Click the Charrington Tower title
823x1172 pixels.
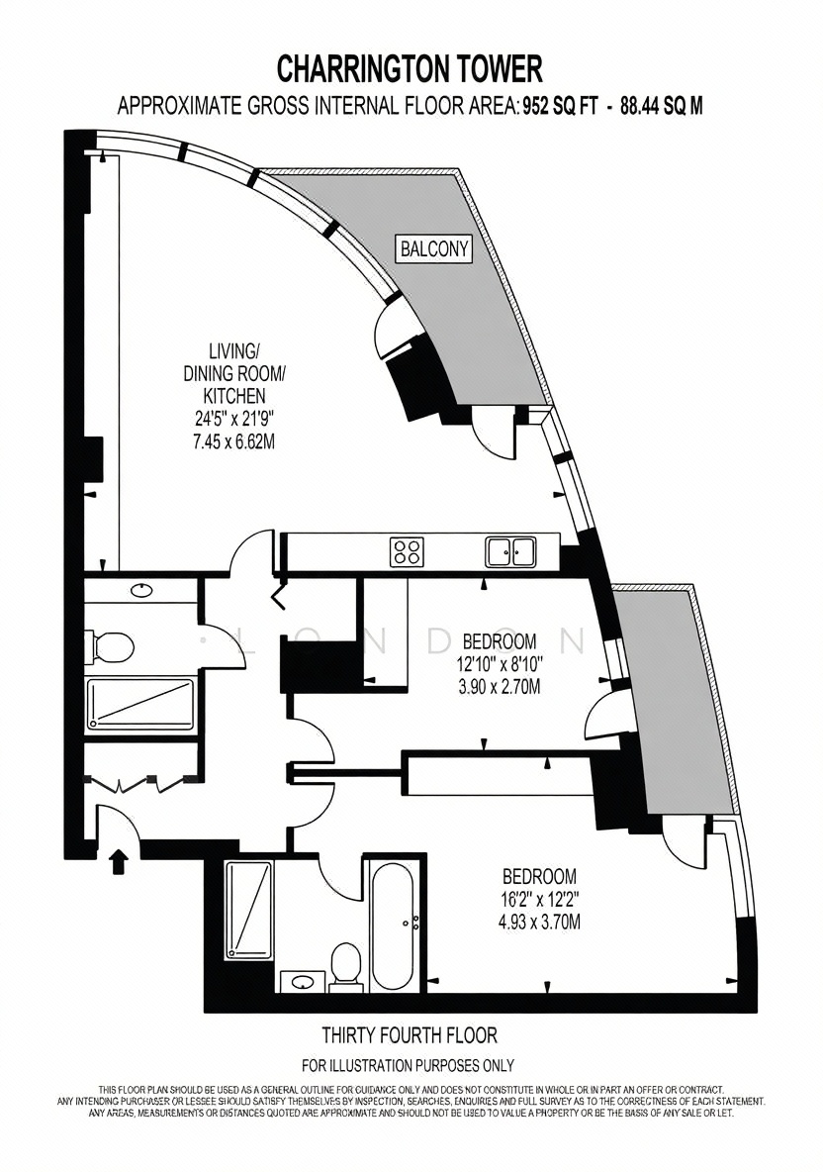(x=410, y=69)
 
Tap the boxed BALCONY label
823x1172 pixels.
(x=434, y=248)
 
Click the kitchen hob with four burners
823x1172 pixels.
(x=407, y=551)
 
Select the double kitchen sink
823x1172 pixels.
(x=510, y=551)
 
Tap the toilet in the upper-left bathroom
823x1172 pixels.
(x=109, y=646)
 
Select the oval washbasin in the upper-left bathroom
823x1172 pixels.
(x=141, y=591)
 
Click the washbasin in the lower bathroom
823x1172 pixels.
(x=303, y=981)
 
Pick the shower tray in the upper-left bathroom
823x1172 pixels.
(x=140, y=704)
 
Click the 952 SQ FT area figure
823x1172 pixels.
(x=560, y=106)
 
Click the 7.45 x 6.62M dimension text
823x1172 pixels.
(x=233, y=441)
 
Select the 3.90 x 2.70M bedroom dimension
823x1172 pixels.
(x=500, y=686)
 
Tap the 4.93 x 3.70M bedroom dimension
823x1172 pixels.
(x=539, y=922)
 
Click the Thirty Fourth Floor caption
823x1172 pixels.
(x=410, y=1035)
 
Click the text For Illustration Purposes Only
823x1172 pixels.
(x=408, y=1065)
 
